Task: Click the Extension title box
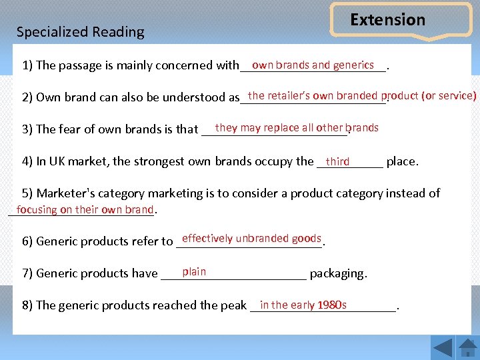388,20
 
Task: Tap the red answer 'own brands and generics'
313,65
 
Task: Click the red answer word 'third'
337,161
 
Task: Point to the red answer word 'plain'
194,272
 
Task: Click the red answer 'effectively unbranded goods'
251,239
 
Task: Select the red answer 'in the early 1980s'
303,305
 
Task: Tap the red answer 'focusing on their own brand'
85,210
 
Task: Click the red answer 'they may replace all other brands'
297,128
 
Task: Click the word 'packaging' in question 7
337,273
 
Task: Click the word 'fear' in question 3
69,129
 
